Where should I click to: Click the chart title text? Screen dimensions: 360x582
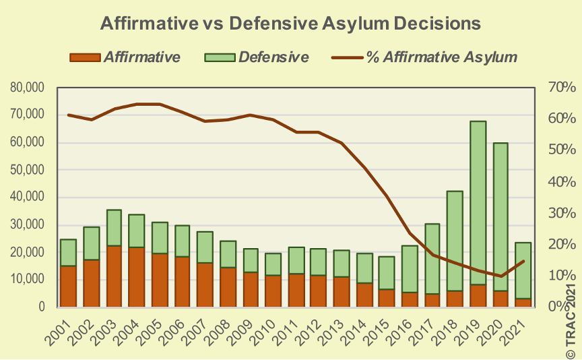(290, 23)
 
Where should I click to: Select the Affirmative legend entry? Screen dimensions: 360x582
(126, 57)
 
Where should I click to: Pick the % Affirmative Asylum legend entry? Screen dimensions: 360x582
(426, 57)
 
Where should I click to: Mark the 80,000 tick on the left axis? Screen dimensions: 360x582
(28, 88)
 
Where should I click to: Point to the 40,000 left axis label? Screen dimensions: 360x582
(28, 198)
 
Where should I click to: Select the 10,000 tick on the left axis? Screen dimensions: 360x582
(28, 280)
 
